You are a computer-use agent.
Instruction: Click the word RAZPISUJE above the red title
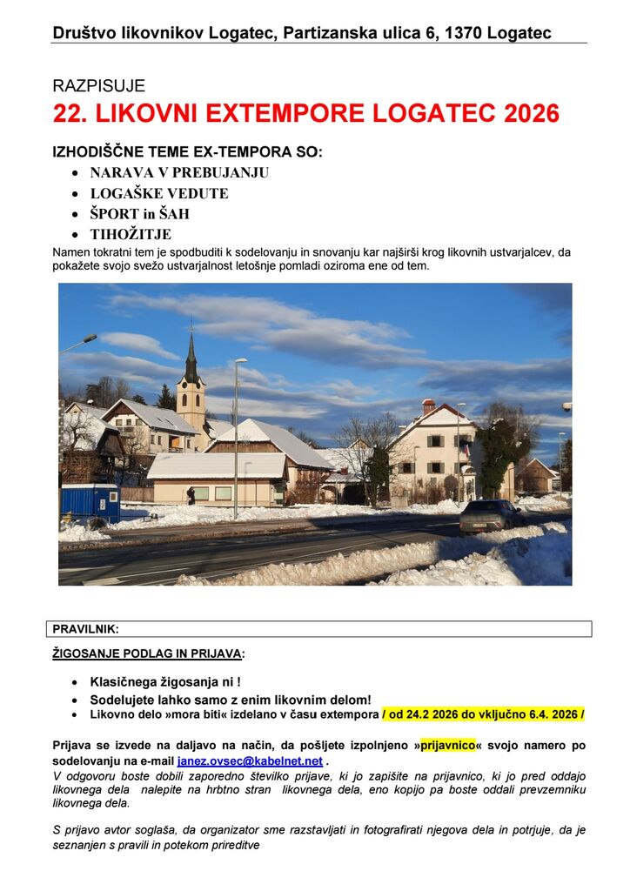98,86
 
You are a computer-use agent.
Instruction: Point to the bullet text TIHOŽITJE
131,234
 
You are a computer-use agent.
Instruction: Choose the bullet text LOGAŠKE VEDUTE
158,193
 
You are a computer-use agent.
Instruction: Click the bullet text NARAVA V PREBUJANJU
179,172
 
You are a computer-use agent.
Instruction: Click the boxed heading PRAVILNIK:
85,628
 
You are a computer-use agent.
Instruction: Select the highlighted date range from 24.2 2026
483,714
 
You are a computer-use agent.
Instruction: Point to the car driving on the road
492,516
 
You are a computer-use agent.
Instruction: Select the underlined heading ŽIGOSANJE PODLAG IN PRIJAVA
148,653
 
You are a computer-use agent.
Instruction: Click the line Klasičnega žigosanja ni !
165,683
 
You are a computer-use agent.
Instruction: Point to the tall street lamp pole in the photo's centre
236,435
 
